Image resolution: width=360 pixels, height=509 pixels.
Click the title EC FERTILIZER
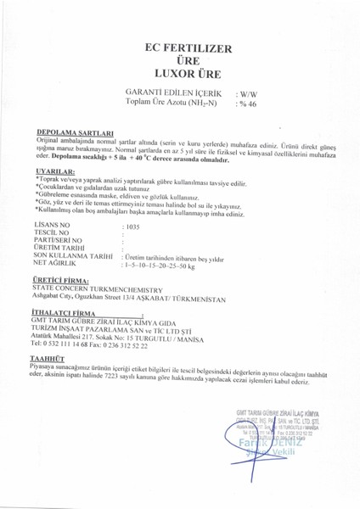179,51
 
